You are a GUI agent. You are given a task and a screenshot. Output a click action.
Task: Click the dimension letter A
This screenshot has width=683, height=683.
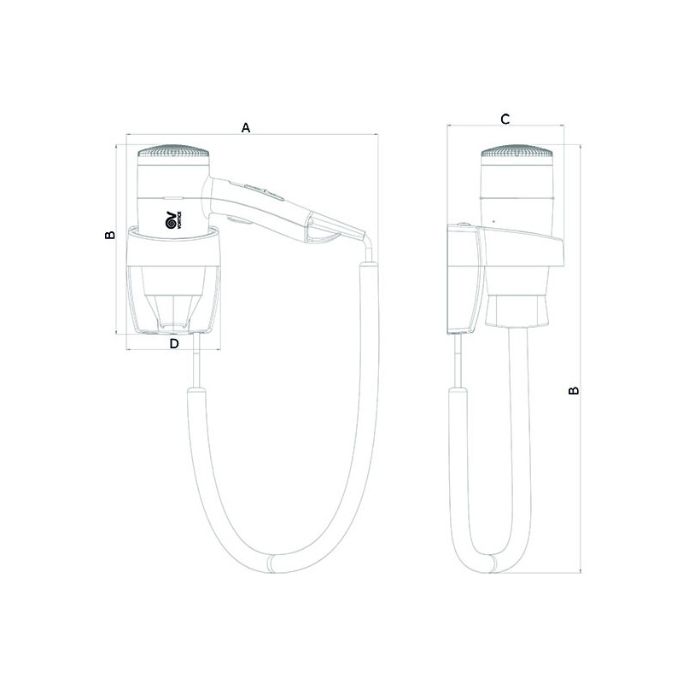pos(246,127)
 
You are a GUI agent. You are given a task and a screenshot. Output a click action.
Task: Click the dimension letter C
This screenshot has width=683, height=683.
pos(505,119)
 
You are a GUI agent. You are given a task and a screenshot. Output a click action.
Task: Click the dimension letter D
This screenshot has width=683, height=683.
pos(174,344)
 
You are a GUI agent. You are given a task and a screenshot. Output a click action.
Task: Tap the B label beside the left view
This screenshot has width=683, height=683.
pos(110,235)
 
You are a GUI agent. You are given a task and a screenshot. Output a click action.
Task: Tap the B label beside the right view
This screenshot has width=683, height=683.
pos(574,390)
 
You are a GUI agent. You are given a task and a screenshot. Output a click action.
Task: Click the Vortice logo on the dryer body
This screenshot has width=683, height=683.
pos(173,220)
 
